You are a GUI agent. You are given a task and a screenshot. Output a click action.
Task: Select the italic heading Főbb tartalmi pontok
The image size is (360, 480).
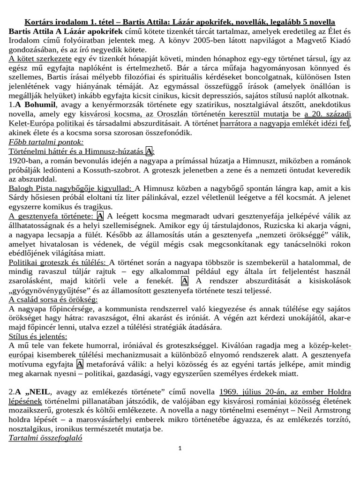pyautogui.click(x=46, y=142)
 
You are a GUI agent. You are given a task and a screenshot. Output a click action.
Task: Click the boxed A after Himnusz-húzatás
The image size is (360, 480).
pyautogui.click(x=149, y=151)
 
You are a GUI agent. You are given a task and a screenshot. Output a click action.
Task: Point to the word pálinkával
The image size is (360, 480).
pyautogui.click(x=167, y=197)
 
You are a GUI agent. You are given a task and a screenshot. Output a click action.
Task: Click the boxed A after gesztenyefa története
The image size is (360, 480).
pyautogui.click(x=100, y=216)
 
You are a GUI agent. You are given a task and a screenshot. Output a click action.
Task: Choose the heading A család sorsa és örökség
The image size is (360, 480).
pyautogui.click(x=53, y=299)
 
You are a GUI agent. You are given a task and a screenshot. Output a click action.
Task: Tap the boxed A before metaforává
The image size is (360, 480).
pyautogui.click(x=80, y=364)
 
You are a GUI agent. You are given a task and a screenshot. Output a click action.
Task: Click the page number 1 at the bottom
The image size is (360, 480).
pyautogui.click(x=179, y=448)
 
